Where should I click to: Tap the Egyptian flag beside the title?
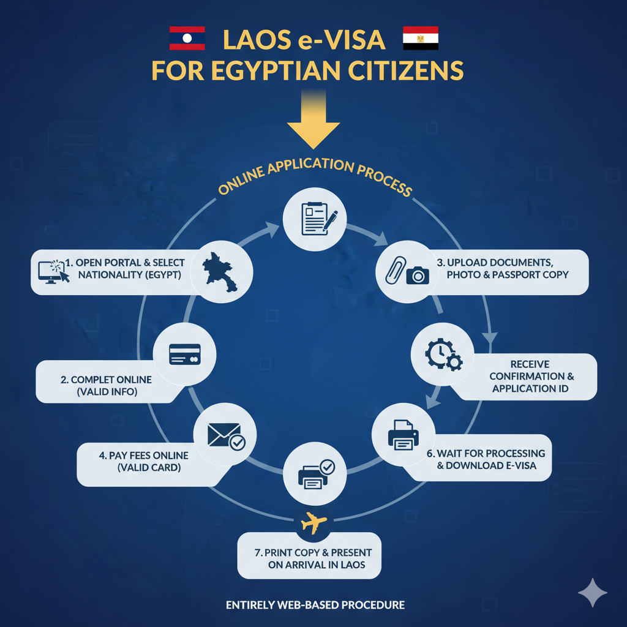(420, 39)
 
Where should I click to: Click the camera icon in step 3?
(418, 274)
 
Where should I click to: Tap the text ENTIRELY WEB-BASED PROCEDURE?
(315, 605)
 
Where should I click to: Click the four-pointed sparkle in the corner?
(593, 592)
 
